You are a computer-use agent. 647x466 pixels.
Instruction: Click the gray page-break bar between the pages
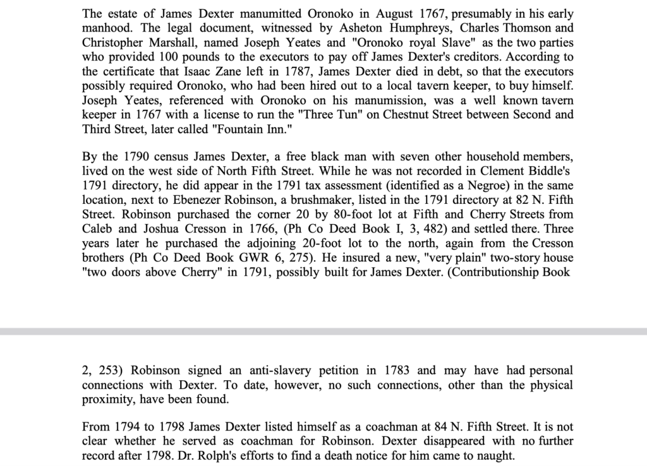tap(323, 331)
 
